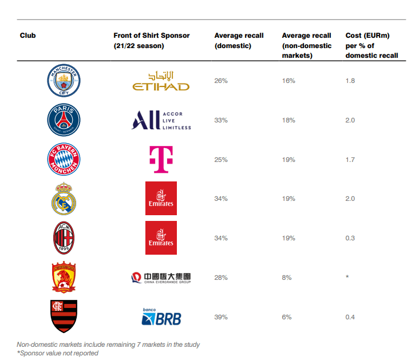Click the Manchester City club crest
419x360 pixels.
click(64, 81)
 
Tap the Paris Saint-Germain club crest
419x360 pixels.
click(64, 120)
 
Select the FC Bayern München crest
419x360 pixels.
click(64, 159)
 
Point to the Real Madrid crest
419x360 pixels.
click(64, 199)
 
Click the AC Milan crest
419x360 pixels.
click(64, 238)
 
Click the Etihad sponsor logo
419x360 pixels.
click(161, 81)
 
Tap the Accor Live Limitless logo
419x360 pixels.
click(161, 120)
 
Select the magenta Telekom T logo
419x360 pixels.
click(161, 159)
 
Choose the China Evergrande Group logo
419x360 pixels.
click(161, 278)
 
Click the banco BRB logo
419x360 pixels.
click(161, 317)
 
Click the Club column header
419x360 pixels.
click(27, 35)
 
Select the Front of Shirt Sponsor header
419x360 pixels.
click(151, 40)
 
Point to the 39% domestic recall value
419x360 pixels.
click(221, 317)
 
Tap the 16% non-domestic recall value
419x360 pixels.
click(288, 81)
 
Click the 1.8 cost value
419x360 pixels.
click(350, 81)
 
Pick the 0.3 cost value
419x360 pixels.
click(350, 238)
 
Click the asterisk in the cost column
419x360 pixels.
click(347, 277)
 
